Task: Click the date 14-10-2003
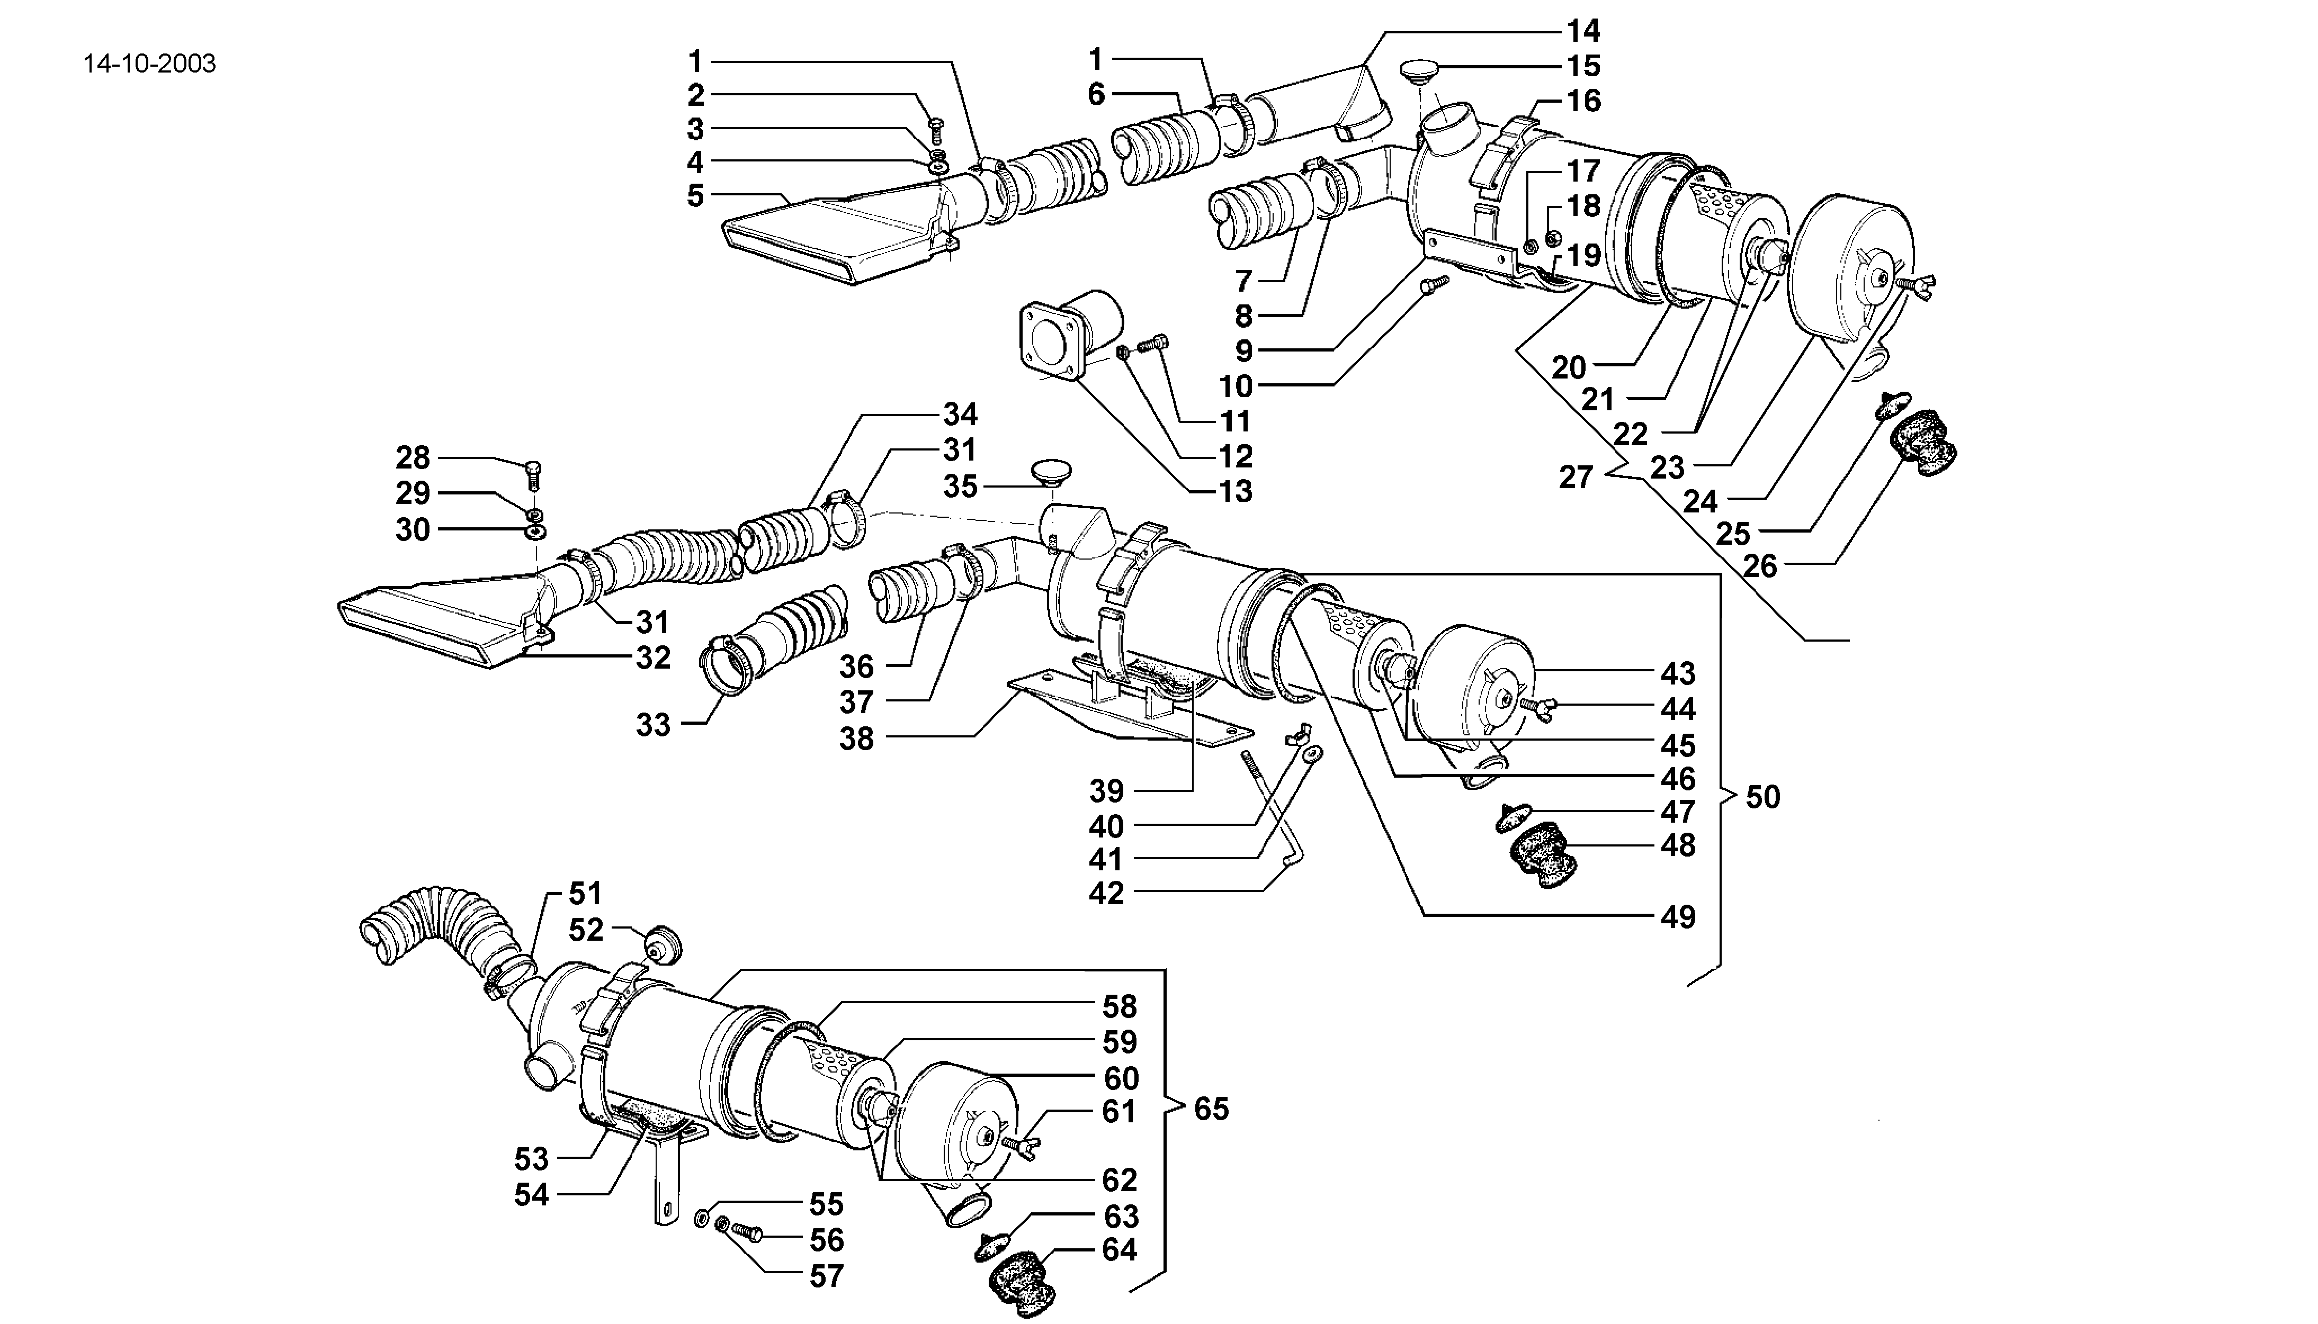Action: [149, 64]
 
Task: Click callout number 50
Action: [1762, 797]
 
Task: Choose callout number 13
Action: [1235, 491]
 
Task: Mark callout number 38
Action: [856, 738]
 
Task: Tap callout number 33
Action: [652, 725]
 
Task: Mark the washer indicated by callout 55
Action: [701, 1218]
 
